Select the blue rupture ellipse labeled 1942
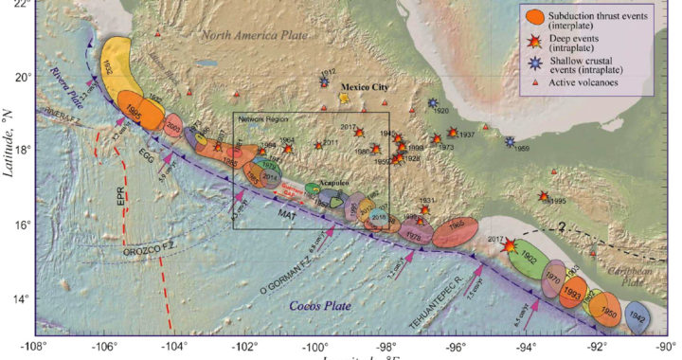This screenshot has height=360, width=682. coord(637,319)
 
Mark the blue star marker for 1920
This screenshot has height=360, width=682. coord(433,102)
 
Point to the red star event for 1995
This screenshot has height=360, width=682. coord(544,196)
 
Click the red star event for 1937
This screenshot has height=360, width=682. coord(452,133)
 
